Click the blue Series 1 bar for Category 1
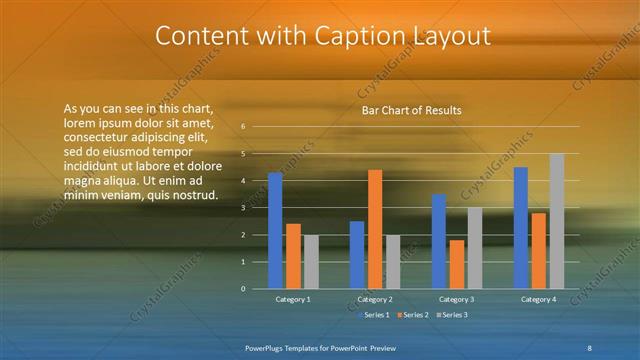pyautogui.click(x=275, y=231)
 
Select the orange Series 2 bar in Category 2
pyautogui.click(x=375, y=229)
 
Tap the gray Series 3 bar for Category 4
pyautogui.click(x=557, y=221)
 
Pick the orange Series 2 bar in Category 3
pyautogui.click(x=457, y=264)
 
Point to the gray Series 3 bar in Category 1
pyautogui.click(x=311, y=262)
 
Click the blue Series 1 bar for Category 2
pyautogui.click(x=357, y=255)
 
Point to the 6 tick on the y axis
pyautogui.click(x=243, y=127)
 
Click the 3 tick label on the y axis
pyautogui.click(x=243, y=208)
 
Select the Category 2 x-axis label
pyautogui.click(x=374, y=299)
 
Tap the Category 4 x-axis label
pyautogui.click(x=539, y=299)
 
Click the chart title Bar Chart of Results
pyautogui.click(x=411, y=110)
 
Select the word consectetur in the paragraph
pyautogui.click(x=95, y=137)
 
